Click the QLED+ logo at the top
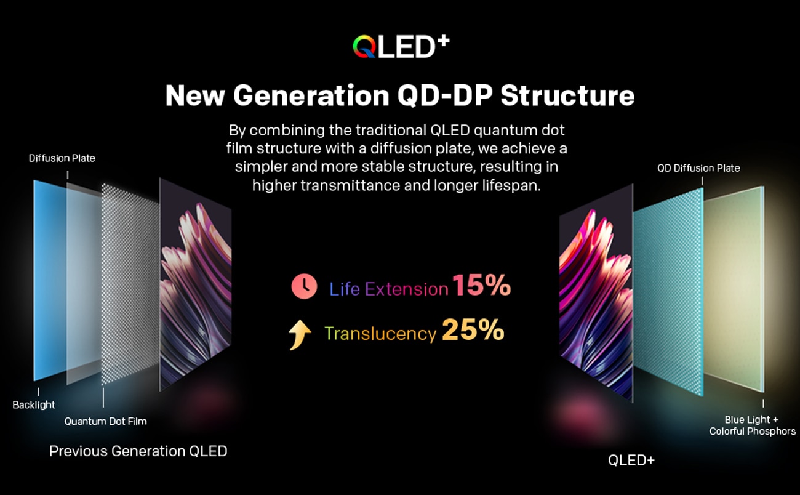pos(401,47)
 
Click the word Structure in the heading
pos(567,95)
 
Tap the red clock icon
pos(304,286)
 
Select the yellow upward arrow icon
pos(300,334)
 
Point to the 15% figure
pos(481,285)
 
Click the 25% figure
pos(473,329)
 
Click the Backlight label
pos(34,404)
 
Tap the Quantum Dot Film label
pos(105,421)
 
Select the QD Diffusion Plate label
pos(698,168)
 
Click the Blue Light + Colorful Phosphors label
pos(753,425)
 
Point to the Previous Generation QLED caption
pos(138,451)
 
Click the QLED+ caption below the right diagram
pos(631,460)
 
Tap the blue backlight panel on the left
pos(50,280)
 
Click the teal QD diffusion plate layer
pos(668,292)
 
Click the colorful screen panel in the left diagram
pos(195,284)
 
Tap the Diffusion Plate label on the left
pos(62,158)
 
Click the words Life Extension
pos(388,289)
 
